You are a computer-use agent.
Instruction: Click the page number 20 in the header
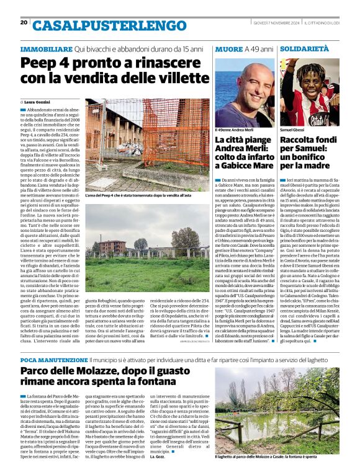click(24, 22)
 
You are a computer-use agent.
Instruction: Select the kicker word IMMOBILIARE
click(46, 48)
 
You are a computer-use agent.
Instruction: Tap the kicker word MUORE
click(228, 48)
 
